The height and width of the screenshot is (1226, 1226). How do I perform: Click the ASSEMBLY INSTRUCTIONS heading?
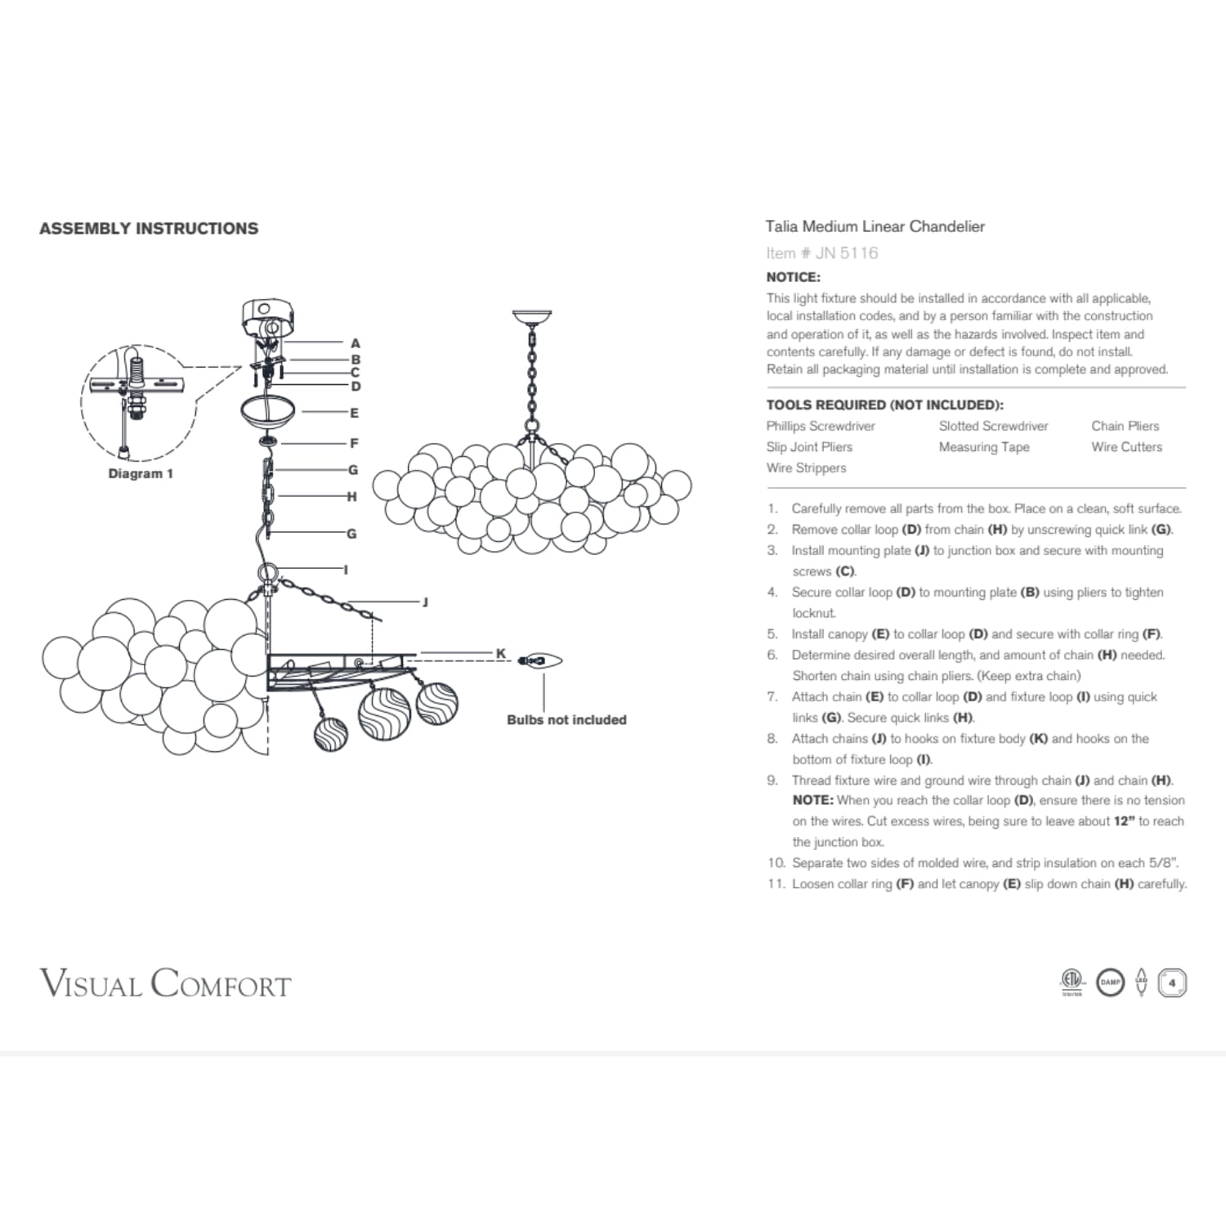point(149,229)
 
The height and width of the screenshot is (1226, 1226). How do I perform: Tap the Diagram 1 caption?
point(141,474)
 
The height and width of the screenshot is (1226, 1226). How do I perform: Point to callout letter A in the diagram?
point(355,344)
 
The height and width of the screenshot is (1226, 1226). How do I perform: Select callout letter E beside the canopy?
point(354,414)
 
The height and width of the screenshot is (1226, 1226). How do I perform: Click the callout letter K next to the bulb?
point(501,654)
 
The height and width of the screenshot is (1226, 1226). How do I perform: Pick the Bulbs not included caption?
point(566,720)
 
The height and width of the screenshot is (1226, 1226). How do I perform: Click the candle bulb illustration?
point(540,660)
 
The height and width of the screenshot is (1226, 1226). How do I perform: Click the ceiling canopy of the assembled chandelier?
point(531,316)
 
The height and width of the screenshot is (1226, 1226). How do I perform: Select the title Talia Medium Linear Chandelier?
point(875,227)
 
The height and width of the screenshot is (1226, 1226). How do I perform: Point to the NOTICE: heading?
point(793,277)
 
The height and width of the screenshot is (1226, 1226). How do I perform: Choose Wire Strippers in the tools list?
point(806,468)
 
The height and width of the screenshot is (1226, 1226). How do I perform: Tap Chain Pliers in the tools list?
point(1125,426)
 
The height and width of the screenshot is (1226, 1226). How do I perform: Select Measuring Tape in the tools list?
point(983,447)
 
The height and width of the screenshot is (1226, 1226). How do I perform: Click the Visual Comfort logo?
point(165,983)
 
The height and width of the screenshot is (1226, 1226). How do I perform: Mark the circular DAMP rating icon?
point(1110,982)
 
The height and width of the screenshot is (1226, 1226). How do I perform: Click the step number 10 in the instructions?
point(776,863)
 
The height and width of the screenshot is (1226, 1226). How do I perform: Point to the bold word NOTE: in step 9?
point(812,801)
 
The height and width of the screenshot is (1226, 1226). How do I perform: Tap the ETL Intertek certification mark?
point(1072,982)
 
